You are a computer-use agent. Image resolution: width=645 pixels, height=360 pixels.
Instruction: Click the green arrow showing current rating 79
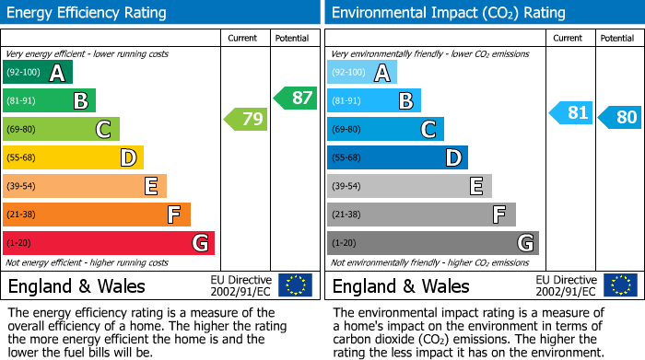click(x=245, y=119)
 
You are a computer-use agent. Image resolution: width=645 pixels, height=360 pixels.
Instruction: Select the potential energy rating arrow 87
click(x=295, y=98)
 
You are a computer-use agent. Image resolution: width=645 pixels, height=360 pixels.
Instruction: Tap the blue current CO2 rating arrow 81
click(x=570, y=113)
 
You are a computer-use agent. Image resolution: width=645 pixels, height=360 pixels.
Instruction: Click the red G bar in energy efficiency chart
click(x=108, y=243)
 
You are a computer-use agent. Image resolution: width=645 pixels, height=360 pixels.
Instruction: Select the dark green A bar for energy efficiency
click(x=37, y=73)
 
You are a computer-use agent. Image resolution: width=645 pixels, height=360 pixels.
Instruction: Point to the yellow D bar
click(x=73, y=157)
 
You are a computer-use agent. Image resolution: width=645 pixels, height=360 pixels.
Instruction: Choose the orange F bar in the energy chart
click(x=96, y=215)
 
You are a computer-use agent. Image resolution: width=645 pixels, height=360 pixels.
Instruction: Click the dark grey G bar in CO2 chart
click(x=432, y=243)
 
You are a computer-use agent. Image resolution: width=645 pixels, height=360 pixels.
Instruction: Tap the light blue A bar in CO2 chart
click(x=361, y=73)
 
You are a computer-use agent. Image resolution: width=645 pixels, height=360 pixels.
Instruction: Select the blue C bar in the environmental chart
click(x=385, y=130)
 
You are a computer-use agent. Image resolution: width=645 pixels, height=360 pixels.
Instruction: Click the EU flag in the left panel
click(x=295, y=285)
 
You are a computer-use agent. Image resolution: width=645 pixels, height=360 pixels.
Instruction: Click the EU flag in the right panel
click(x=619, y=285)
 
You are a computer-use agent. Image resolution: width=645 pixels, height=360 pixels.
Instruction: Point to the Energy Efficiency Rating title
click(x=88, y=13)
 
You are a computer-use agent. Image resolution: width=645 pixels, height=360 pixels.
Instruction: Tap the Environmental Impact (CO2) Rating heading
click(x=448, y=13)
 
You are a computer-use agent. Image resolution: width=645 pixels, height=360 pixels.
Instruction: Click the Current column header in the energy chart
click(x=244, y=39)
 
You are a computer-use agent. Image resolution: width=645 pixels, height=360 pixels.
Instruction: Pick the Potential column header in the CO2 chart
click(x=616, y=39)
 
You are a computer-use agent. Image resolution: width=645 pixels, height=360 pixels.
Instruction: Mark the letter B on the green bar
click(x=80, y=101)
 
